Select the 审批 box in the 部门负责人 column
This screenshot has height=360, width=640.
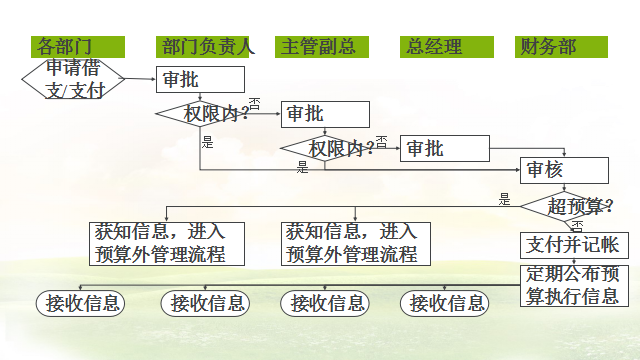[x=200, y=79]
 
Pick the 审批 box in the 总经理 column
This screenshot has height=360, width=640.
[x=444, y=148]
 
